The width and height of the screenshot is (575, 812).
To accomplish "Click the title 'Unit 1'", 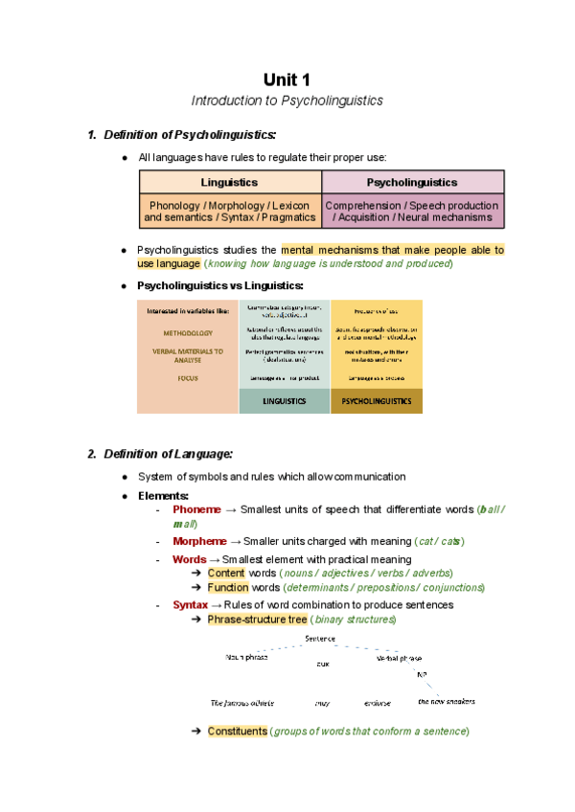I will (287, 79).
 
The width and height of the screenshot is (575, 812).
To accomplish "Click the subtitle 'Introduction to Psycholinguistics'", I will (287, 101).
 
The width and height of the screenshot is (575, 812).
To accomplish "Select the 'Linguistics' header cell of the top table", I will (230, 182).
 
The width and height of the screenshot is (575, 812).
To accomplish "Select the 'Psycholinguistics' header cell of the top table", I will (412, 182).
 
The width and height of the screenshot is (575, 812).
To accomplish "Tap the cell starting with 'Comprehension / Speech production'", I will (412, 211).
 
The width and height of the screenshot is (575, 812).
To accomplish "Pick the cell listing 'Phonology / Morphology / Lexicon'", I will (230, 211).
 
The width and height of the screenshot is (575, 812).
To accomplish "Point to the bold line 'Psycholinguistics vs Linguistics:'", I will (220, 285).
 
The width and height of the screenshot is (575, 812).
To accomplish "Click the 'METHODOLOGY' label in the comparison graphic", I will (188, 333).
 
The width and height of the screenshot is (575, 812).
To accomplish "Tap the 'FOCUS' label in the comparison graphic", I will (188, 378).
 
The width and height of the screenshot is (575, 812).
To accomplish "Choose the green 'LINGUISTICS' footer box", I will (284, 402).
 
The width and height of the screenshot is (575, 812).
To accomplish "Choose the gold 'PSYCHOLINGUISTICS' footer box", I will (377, 402).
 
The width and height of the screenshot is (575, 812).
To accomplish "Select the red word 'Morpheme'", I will (199, 541).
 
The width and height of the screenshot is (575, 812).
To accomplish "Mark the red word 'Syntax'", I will (190, 605).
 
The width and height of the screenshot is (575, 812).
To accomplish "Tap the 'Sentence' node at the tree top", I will (320, 639).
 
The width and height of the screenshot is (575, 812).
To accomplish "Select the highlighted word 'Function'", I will (228, 587).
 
